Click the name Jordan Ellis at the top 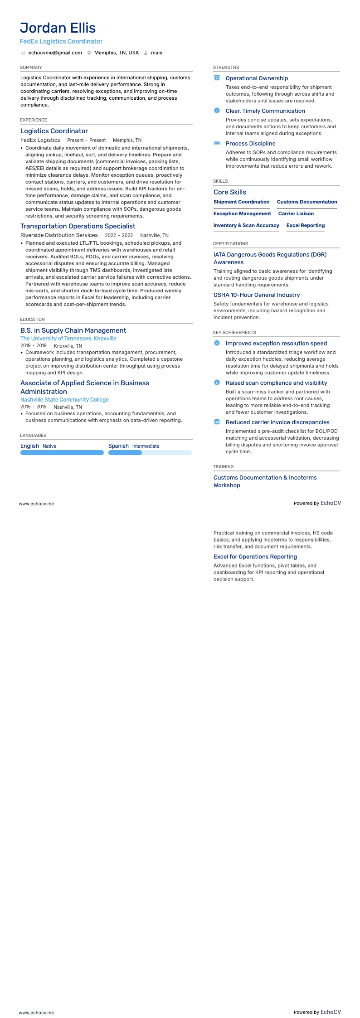pos(58,28)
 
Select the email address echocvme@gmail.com pos(55,53)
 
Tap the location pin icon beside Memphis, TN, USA pos(89,53)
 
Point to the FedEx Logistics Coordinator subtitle pos(61,41)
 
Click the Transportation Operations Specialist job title pos(78,226)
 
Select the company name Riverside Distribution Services pos(59,235)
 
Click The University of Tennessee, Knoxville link pos(68,339)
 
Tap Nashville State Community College pos(64,400)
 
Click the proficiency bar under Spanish pos(150,453)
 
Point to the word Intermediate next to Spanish pos(146,446)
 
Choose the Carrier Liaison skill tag pos(296,213)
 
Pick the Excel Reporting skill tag pos(305,225)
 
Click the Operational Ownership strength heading pos(257,78)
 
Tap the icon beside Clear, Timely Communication pos(217,111)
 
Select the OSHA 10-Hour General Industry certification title pos(257,295)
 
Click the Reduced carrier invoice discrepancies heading pos(277,422)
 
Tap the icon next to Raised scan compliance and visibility pos(217,383)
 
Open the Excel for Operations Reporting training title pos(255,557)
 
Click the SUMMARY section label pos(31,68)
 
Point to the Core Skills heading pos(230,192)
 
